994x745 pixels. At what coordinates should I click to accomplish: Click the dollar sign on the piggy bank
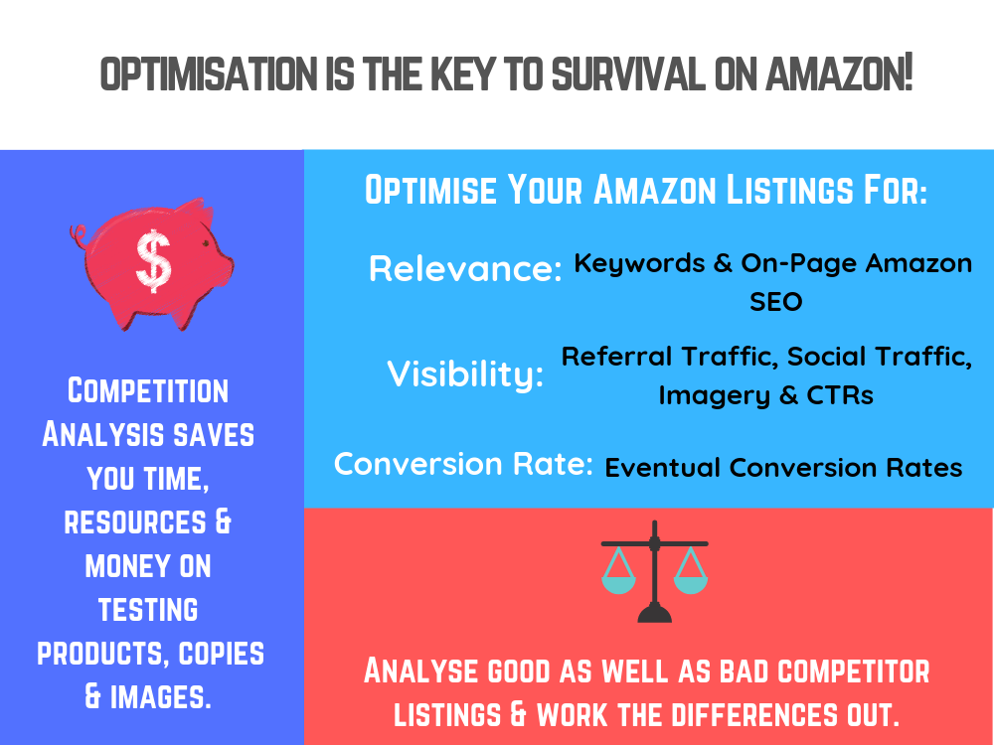(x=153, y=260)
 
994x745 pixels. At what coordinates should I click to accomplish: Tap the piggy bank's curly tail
(x=79, y=237)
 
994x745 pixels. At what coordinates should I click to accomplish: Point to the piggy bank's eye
(x=206, y=243)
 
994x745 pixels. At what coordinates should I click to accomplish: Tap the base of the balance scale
(x=654, y=613)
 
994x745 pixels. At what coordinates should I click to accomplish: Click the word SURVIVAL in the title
(x=628, y=74)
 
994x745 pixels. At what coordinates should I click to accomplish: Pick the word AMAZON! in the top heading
(x=839, y=74)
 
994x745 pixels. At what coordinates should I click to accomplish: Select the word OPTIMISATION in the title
(x=209, y=74)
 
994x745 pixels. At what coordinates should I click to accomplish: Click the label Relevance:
(x=465, y=268)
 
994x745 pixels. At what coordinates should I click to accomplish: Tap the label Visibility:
(x=465, y=373)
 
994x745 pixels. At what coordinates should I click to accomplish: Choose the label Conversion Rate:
(x=463, y=464)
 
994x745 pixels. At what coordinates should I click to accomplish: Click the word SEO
(x=776, y=302)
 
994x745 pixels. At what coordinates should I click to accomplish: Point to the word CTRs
(x=840, y=395)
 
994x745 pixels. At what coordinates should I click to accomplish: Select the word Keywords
(x=639, y=263)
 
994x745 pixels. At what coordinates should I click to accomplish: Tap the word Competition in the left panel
(x=148, y=390)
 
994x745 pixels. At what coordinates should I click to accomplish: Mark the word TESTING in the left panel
(x=148, y=610)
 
